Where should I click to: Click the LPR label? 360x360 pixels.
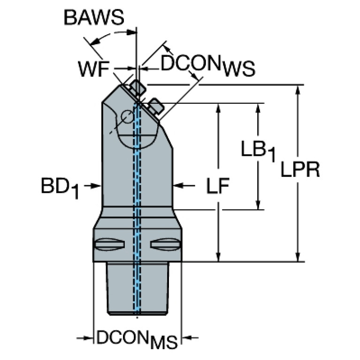(x=300, y=170)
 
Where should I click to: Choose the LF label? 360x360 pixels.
(x=218, y=187)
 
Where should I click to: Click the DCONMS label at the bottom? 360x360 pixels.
(x=137, y=339)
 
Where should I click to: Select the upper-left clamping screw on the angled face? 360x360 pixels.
(x=138, y=88)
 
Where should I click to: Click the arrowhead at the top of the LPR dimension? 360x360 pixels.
(x=297, y=90)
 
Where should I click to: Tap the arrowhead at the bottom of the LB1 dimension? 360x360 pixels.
(x=258, y=205)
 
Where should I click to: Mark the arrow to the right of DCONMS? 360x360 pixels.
(x=188, y=337)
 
